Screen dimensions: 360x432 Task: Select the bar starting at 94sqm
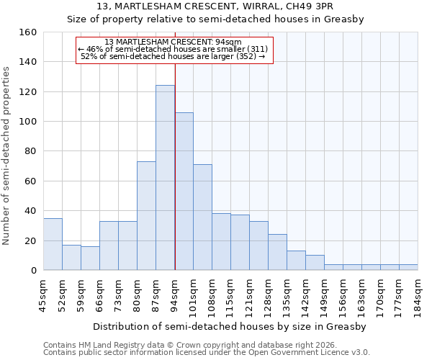(x=184, y=192)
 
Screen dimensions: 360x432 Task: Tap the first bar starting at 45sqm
(x=53, y=244)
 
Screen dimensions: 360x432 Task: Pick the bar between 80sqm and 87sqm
(x=146, y=216)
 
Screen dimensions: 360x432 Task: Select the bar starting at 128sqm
(x=277, y=252)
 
